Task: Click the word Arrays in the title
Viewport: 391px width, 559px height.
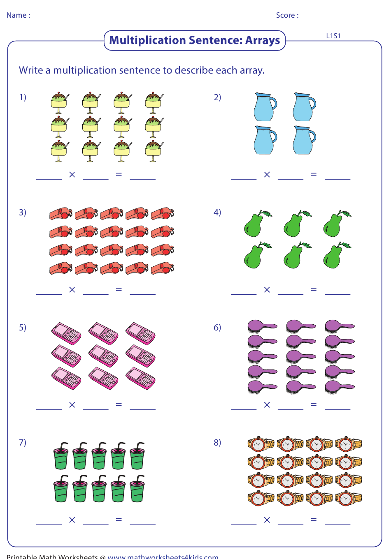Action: [263, 40]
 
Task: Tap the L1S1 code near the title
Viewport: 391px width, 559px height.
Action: [333, 36]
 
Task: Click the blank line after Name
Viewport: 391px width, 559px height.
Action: [81, 19]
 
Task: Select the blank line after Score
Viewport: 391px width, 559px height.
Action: [341, 19]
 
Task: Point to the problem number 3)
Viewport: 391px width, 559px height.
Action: [23, 213]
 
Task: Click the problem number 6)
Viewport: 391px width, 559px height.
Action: [217, 328]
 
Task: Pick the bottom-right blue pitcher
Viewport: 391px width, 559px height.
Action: [304, 140]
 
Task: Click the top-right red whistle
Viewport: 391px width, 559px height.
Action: [163, 214]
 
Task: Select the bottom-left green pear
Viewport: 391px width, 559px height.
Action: [257, 255]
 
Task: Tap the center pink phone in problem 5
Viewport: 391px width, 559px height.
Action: [103, 356]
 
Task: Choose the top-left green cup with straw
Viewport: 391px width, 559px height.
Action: [61, 456]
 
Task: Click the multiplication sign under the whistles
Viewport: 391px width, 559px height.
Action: [72, 290]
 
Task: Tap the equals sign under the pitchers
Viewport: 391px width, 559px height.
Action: [314, 174]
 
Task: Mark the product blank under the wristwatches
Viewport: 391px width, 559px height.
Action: [337, 525]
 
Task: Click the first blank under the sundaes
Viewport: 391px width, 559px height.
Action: [49, 179]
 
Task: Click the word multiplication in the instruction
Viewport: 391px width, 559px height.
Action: [85, 71]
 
